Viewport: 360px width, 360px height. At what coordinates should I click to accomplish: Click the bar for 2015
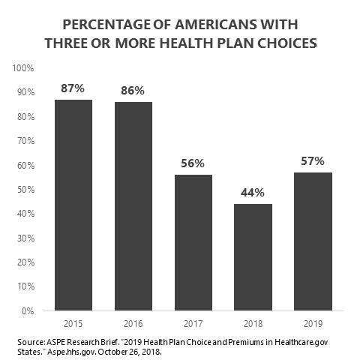(x=73, y=205)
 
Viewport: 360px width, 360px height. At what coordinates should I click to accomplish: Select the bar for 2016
(x=133, y=206)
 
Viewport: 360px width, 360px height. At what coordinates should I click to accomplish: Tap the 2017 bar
(x=193, y=242)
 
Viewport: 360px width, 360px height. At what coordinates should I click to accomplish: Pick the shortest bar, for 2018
(x=253, y=257)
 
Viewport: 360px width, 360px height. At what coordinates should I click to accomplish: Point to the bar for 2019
(x=313, y=241)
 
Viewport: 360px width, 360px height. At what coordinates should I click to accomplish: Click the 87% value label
(x=73, y=88)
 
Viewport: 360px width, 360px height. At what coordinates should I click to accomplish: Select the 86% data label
(x=133, y=91)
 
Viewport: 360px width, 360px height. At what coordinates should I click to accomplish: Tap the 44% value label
(x=253, y=193)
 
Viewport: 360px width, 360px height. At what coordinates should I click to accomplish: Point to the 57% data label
(x=313, y=161)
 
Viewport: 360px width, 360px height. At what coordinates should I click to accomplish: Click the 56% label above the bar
(x=193, y=163)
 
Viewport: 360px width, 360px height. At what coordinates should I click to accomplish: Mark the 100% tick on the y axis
(x=23, y=68)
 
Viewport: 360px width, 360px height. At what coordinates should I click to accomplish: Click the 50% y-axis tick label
(x=25, y=190)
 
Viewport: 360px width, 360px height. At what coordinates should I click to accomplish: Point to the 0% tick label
(x=28, y=311)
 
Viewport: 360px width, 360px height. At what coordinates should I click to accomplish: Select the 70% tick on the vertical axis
(x=25, y=141)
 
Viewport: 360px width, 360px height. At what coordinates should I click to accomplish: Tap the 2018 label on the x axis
(x=253, y=324)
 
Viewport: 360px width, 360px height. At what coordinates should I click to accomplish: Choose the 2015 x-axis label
(x=73, y=324)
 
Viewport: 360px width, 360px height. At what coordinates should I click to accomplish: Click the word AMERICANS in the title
(x=216, y=25)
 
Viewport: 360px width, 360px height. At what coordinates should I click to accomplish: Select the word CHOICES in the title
(x=287, y=43)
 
